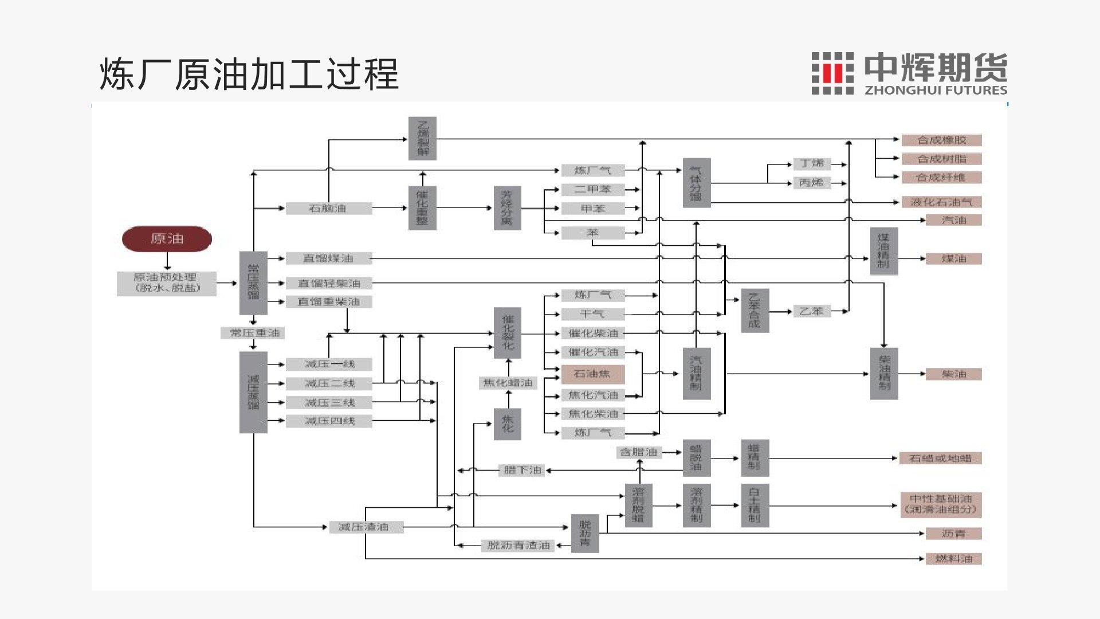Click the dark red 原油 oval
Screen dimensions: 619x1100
pos(167,239)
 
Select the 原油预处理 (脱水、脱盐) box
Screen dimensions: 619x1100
pos(167,283)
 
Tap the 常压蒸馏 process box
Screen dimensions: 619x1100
pos(253,283)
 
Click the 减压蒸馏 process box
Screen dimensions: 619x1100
pos(253,392)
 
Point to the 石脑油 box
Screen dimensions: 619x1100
pos(328,209)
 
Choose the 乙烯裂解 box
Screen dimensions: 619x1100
pos(422,139)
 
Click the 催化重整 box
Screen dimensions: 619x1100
pos(422,208)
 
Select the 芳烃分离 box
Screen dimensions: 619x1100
pos(507,208)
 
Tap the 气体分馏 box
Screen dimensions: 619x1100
pos(696,183)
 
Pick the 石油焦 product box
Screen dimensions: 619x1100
pos(592,374)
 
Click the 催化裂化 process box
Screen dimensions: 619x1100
pos(508,333)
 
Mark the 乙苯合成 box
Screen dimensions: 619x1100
pos(755,311)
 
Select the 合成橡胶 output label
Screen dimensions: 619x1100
pos(941,140)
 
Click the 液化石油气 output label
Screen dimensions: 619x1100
pos(941,202)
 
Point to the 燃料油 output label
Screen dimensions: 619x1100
pos(953,559)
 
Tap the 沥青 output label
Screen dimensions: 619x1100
pos(953,534)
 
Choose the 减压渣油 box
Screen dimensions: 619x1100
pos(366,527)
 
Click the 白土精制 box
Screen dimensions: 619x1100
pos(755,506)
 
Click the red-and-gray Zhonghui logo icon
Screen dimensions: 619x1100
pos(832,73)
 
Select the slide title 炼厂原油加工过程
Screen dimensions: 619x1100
pos(249,74)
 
